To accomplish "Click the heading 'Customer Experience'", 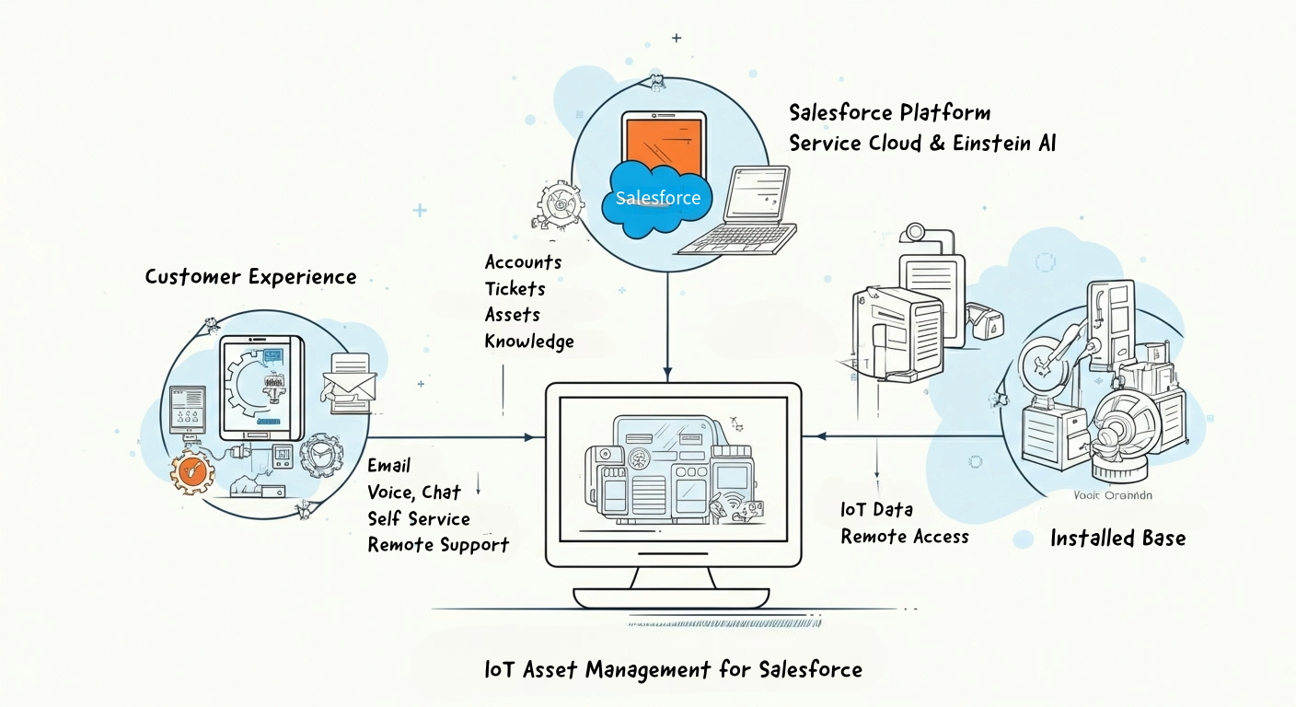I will [x=250, y=277].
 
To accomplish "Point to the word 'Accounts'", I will [x=523, y=262].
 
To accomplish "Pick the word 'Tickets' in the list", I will [x=515, y=289].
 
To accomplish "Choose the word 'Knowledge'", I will [x=529, y=342].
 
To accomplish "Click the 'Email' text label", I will [x=388, y=466].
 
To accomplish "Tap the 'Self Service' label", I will [x=419, y=519].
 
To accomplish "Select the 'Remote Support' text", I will [x=438, y=545].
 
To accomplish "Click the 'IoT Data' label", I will [x=876, y=510].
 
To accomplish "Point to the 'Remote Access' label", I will [x=905, y=537].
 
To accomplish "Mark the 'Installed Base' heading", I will [x=1117, y=539].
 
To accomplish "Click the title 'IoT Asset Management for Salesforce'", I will [x=673, y=669].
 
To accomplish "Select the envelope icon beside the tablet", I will [x=350, y=383].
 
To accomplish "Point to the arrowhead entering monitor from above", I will [x=668, y=373].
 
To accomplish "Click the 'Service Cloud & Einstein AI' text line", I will [x=923, y=144].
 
